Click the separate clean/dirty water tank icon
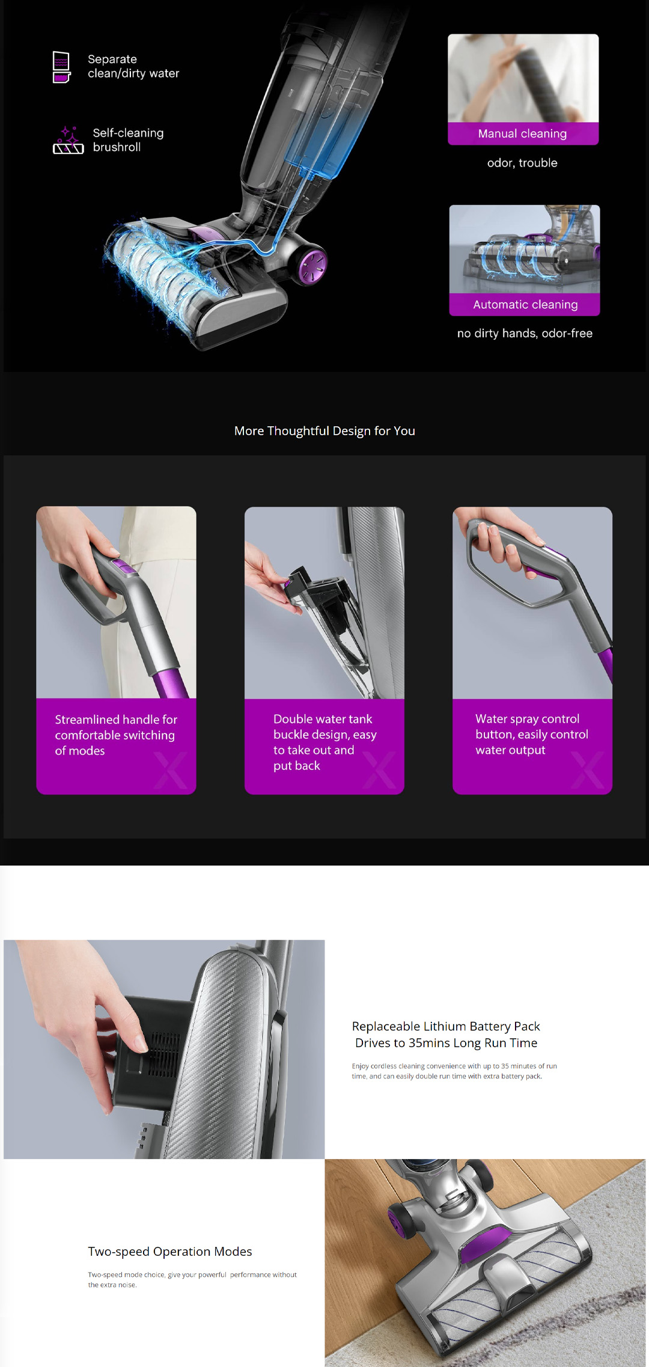[61, 67]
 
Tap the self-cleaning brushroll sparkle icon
[68, 140]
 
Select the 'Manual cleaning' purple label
[523, 133]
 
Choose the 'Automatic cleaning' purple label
[525, 305]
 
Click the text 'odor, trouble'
[522, 163]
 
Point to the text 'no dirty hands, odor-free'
[525, 334]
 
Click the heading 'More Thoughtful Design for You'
[324, 431]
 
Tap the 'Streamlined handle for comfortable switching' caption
[116, 735]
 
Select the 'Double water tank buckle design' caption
[324, 742]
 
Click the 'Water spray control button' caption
[532, 735]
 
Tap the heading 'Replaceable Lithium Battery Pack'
[446, 1026]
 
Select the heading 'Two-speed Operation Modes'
[170, 1252]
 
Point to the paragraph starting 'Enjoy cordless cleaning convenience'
[454, 1071]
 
